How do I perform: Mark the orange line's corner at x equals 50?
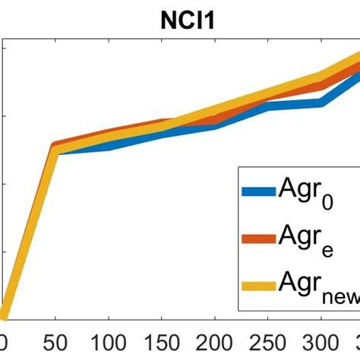(x=54, y=144)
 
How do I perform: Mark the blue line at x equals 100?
(x=107, y=145)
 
